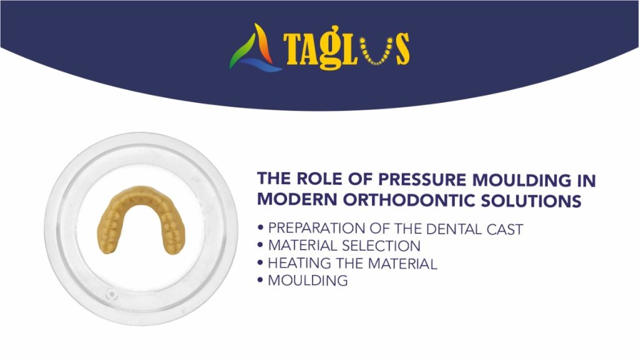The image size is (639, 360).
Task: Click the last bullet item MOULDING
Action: click(x=308, y=281)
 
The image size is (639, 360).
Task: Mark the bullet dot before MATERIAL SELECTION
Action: click(x=260, y=246)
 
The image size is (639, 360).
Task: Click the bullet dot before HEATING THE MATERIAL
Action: click(x=260, y=263)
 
